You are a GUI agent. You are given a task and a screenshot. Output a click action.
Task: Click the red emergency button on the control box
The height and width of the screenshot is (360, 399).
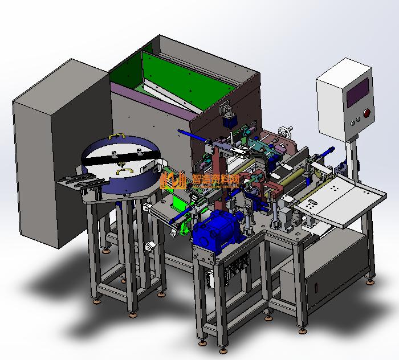click(367, 113)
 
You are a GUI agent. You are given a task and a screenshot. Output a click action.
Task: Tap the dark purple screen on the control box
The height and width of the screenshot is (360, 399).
click(358, 92)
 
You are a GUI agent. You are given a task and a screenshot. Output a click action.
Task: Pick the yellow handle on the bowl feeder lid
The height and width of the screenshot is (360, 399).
click(125, 171)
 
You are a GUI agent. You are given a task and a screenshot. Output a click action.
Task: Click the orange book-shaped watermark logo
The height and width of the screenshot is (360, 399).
click(173, 180)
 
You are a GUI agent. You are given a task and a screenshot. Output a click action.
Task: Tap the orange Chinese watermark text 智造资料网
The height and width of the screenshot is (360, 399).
click(215, 179)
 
